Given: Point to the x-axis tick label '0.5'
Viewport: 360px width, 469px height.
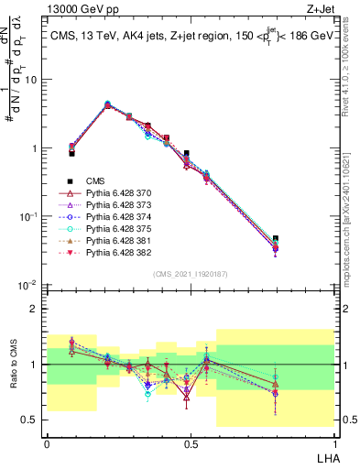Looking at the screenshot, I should (x=190, y=443).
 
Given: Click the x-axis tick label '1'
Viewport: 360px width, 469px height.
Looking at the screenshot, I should (x=333, y=443).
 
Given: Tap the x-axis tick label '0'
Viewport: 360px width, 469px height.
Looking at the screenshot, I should (x=47, y=443).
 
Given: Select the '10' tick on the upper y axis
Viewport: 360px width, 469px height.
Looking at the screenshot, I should (x=33, y=80).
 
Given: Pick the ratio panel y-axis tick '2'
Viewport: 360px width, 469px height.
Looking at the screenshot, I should (x=36, y=309).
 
